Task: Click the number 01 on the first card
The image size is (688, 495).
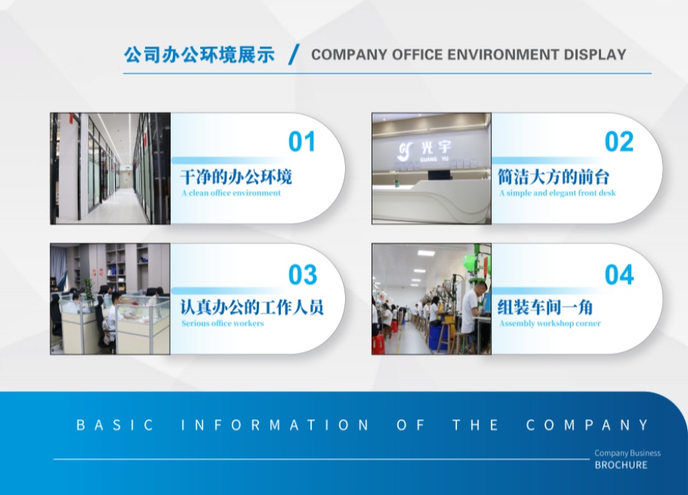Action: click(x=302, y=142)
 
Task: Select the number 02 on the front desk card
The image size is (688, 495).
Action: click(x=619, y=142)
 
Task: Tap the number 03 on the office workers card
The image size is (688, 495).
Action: click(x=302, y=275)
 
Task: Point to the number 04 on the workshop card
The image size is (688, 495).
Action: click(x=619, y=275)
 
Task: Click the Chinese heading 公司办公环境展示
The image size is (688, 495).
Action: click(x=199, y=55)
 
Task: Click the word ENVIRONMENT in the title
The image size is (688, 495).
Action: click(x=503, y=54)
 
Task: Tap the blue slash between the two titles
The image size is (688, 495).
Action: click(x=294, y=54)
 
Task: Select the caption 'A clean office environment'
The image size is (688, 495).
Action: click(x=231, y=193)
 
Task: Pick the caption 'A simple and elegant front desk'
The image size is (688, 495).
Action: click(x=557, y=193)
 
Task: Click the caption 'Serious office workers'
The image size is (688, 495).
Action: click(x=222, y=324)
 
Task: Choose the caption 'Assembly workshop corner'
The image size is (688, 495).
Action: click(x=550, y=324)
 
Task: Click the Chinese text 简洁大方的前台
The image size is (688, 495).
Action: click(x=553, y=177)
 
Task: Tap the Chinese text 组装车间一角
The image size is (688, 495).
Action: click(x=545, y=307)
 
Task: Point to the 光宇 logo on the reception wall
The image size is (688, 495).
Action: click(x=424, y=150)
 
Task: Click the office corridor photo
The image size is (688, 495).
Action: click(x=110, y=168)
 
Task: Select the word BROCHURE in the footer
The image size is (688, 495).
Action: click(x=621, y=465)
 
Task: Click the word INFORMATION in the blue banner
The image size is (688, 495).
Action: click(x=275, y=425)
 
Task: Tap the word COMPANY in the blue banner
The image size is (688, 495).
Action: click(x=587, y=425)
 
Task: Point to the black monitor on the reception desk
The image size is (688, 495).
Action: click(x=439, y=175)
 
